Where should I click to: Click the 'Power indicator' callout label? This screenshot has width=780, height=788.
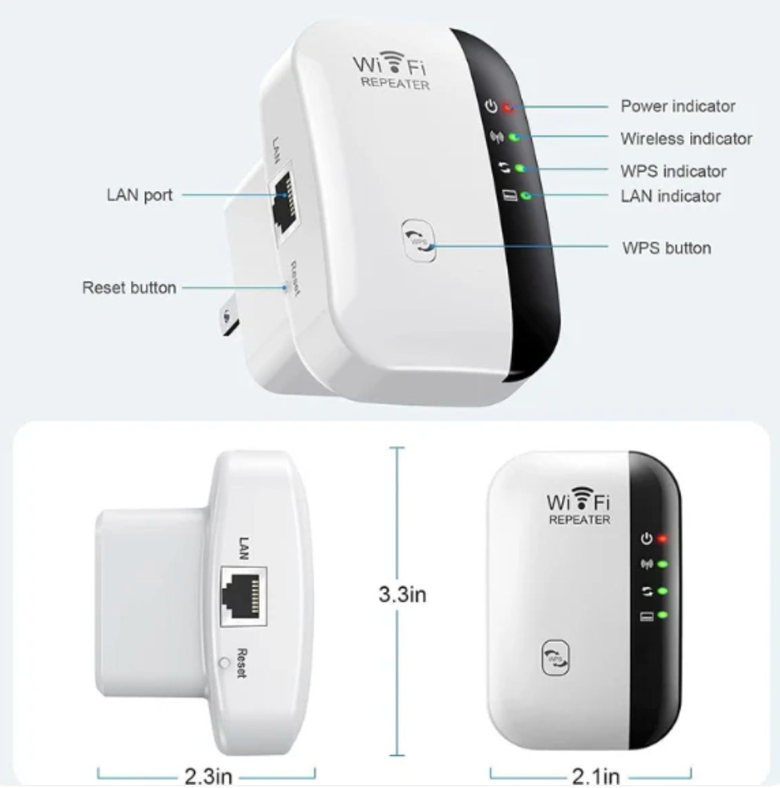click(x=677, y=106)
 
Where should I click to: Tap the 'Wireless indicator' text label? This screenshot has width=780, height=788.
click(x=686, y=139)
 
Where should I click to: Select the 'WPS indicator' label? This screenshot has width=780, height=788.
click(x=672, y=171)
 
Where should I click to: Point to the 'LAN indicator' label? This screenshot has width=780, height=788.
click(x=670, y=196)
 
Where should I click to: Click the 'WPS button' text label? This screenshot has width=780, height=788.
click(x=666, y=248)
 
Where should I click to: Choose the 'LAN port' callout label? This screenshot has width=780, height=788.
click(x=140, y=195)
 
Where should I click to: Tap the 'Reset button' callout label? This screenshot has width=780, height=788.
click(x=129, y=287)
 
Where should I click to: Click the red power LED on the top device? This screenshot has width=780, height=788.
click(x=507, y=106)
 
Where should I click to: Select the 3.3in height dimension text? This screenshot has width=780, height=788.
click(x=402, y=595)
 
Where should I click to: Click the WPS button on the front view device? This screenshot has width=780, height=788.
click(x=557, y=656)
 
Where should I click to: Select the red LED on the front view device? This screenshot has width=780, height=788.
click(x=662, y=538)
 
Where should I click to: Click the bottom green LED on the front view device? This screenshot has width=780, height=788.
click(x=662, y=615)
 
